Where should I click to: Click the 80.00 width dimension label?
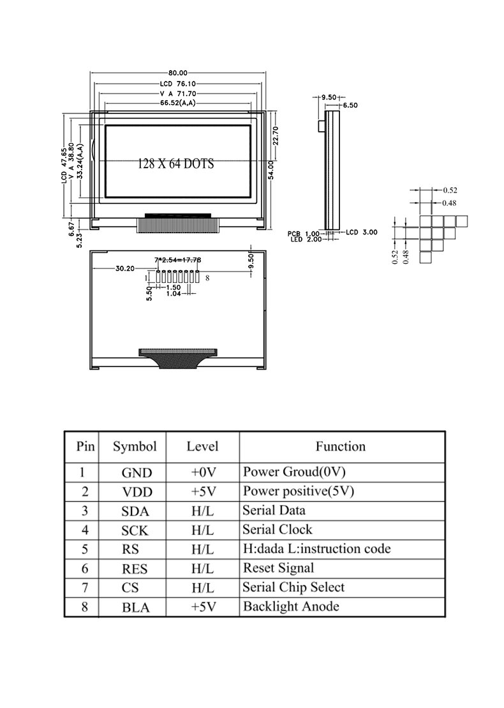tap(178, 73)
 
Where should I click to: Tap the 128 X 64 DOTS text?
tap(176, 164)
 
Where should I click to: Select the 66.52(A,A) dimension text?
tap(178, 103)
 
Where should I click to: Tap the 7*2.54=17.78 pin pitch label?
tap(178, 259)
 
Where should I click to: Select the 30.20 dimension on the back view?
tap(124, 268)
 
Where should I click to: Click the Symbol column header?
tap(135, 447)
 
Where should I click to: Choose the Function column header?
tap(341, 447)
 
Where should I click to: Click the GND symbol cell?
tap(137, 473)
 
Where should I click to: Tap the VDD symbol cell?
tap(137, 493)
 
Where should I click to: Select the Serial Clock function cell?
tap(278, 530)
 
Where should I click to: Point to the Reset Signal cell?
tap(279, 568)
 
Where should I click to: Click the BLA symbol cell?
tap(136, 607)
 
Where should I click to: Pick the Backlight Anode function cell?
tap(291, 607)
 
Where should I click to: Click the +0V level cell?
tap(204, 473)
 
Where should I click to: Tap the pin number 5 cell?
tap(85, 549)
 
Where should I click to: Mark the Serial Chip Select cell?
tap(293, 588)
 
